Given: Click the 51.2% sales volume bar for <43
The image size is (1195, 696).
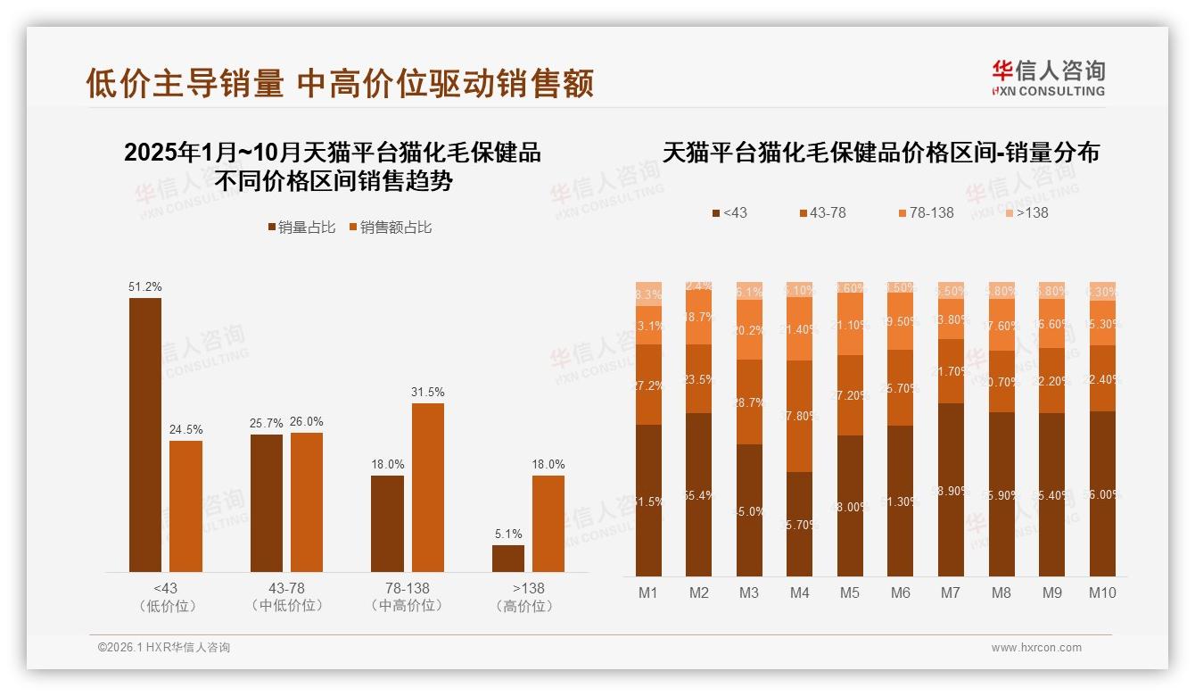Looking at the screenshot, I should tap(145, 435).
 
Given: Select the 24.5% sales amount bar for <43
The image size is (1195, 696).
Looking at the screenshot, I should tap(185, 506).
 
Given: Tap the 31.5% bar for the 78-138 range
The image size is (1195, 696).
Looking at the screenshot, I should tap(427, 487).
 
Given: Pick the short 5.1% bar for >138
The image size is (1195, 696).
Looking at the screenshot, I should tap(508, 559).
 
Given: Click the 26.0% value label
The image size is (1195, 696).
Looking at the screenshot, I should tap(306, 422).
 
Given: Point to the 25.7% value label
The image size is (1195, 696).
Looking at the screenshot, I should tap(266, 422).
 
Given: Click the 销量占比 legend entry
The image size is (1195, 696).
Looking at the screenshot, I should tap(301, 228).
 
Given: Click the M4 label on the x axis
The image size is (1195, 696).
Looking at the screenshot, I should tap(799, 592).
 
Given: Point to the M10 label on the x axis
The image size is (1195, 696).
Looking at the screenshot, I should tap(1102, 592).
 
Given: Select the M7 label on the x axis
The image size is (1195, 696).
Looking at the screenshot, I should tap(951, 592).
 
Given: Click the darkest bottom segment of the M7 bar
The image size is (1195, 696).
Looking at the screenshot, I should tap(951, 490).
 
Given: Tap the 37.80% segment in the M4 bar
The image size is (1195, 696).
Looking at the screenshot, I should tap(799, 416).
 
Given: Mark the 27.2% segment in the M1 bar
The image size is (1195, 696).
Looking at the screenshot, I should tap(648, 385).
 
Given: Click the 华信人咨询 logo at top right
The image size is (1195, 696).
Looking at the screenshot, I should tap(1048, 78).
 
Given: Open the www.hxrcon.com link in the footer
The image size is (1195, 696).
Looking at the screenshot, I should tap(1036, 648).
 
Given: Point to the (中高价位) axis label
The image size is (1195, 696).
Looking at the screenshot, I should tap(407, 606).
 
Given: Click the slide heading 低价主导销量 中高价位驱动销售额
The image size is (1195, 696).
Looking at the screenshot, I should tap(340, 84).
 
